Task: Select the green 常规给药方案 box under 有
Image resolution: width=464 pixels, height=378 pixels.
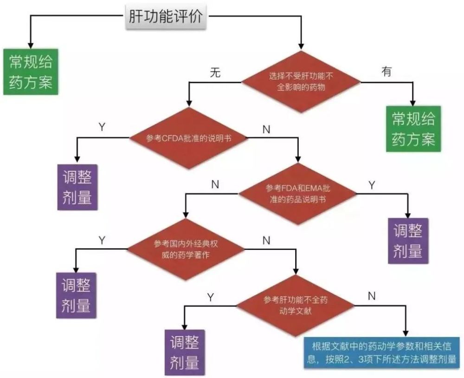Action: click(413, 129)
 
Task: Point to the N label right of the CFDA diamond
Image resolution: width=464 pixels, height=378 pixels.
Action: click(266, 130)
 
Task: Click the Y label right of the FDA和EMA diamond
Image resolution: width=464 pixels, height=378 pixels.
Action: click(371, 184)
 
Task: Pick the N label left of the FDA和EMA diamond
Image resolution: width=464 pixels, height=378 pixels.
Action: click(215, 184)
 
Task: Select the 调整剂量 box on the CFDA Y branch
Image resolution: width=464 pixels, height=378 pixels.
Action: click(77, 187)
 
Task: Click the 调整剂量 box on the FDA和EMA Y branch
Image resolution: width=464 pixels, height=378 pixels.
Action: click(408, 241)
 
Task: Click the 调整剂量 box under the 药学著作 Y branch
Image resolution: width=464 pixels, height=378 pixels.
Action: click(76, 295)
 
